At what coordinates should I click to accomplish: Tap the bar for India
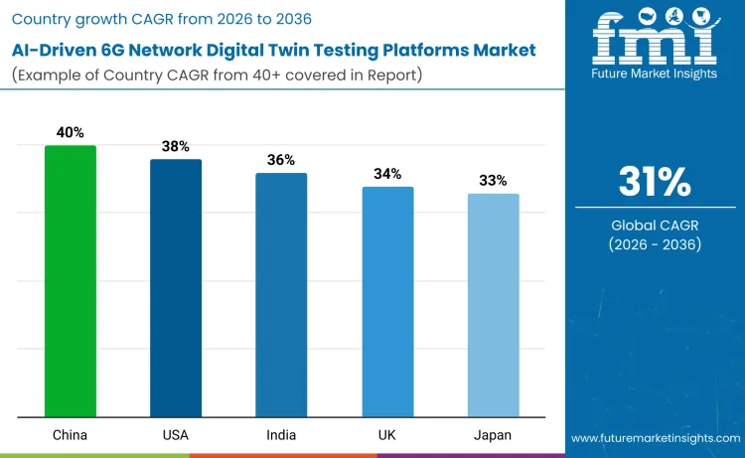pos(281,295)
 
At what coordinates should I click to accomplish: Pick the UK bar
pos(387,302)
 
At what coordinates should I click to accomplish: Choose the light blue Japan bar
pos(493,305)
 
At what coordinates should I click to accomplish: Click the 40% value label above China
pos(71,131)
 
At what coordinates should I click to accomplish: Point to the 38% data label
pos(176,145)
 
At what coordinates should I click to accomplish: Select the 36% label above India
pos(281,159)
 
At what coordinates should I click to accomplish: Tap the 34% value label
pos(387,173)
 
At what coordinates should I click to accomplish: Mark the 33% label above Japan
pos(493,180)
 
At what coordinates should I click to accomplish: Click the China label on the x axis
pos(71,435)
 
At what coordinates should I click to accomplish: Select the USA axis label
pos(176,435)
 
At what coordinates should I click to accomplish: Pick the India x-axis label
pos(281,435)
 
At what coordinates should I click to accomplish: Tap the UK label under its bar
pos(387,435)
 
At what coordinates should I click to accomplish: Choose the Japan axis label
pos(493,435)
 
